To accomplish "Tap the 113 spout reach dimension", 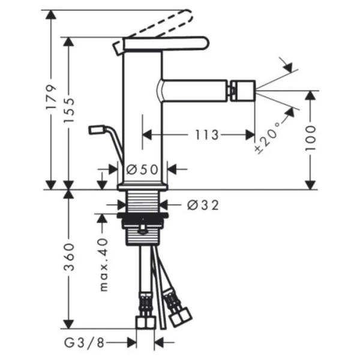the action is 207,135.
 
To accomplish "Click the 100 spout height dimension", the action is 310,138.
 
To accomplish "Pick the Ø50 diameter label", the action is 142,170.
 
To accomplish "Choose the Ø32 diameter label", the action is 203,205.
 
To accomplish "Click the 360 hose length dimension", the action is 69,257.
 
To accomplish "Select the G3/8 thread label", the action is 84,343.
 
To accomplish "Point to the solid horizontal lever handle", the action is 166,43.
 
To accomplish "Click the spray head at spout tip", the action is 243,91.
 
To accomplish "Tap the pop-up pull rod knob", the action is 97,129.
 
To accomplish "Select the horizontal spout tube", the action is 193,91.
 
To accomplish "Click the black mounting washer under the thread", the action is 143,215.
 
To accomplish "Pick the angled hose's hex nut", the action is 181,317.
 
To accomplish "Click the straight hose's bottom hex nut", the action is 146,322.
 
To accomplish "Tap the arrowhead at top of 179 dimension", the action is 51,15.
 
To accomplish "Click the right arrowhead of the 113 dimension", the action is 250,135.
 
